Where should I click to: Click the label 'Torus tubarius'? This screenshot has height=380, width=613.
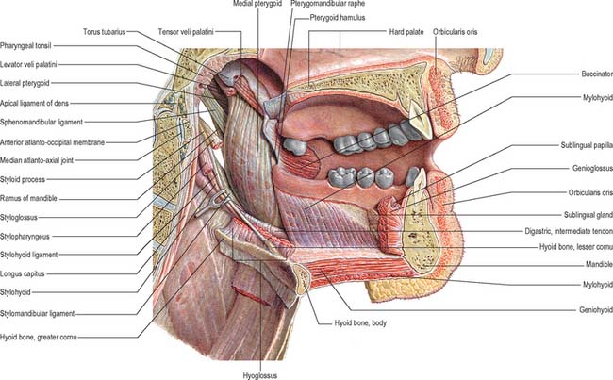click(x=104, y=32)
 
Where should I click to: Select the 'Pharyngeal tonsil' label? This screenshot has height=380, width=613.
click(x=25, y=46)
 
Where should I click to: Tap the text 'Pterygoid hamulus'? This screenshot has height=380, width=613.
click(x=338, y=18)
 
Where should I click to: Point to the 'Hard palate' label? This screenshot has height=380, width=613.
click(x=406, y=32)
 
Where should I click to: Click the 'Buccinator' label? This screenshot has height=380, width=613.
click(x=597, y=74)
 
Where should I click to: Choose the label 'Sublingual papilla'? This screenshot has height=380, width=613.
click(x=587, y=145)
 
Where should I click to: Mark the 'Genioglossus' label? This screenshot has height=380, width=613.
click(x=592, y=168)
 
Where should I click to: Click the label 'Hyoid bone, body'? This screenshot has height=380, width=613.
click(x=360, y=323)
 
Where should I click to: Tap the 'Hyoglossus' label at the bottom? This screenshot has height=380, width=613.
click(x=260, y=375)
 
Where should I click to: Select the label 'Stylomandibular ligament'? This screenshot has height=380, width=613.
click(x=37, y=314)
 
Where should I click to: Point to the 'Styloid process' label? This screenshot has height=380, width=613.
click(x=23, y=180)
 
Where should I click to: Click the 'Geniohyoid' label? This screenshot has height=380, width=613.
click(x=596, y=310)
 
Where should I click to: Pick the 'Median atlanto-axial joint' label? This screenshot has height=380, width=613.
click(x=37, y=160)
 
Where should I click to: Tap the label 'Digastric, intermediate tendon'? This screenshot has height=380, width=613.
click(x=569, y=231)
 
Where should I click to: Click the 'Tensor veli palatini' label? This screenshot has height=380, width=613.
click(x=186, y=32)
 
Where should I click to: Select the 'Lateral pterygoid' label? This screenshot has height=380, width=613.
click(x=25, y=83)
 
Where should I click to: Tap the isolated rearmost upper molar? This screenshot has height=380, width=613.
click(x=295, y=145)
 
